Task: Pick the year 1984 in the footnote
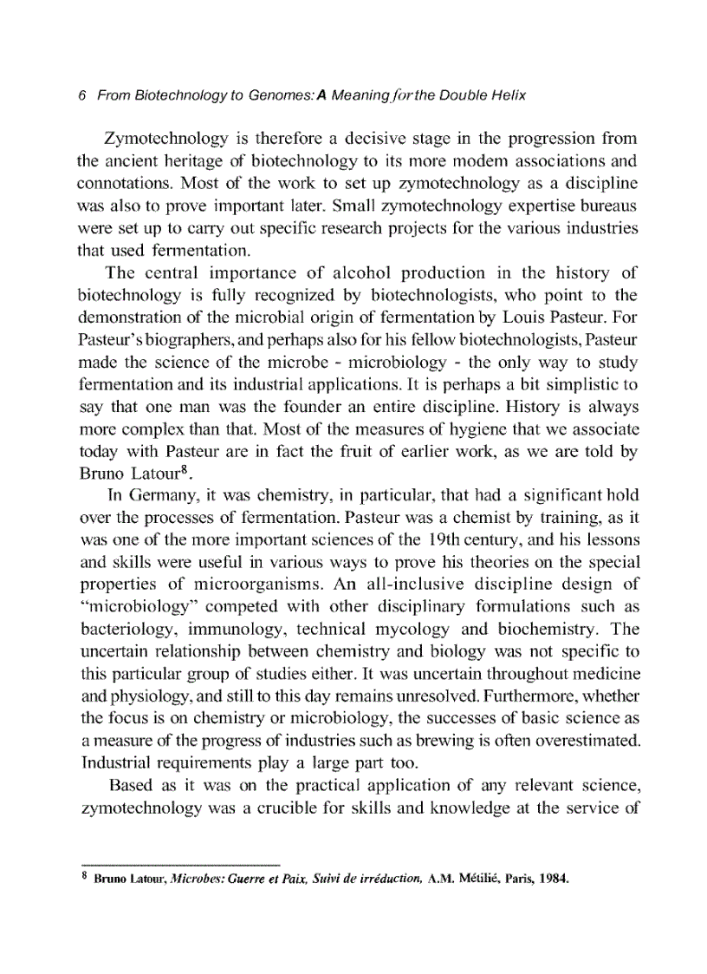[x=552, y=881]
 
